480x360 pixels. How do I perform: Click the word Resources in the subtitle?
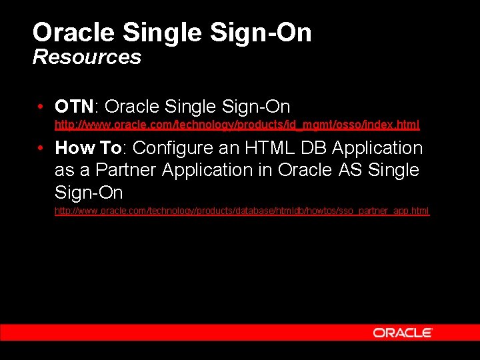tap(87, 57)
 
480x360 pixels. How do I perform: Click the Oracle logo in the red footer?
tap(403, 333)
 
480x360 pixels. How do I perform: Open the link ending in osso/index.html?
tap(237, 125)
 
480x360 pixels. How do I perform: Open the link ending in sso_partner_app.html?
tap(242, 211)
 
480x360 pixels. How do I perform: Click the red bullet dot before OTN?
tap(41, 107)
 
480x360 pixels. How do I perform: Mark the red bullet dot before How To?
tap(41, 149)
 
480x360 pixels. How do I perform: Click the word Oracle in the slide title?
tap(74, 32)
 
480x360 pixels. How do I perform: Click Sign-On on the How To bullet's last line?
tap(89, 193)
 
